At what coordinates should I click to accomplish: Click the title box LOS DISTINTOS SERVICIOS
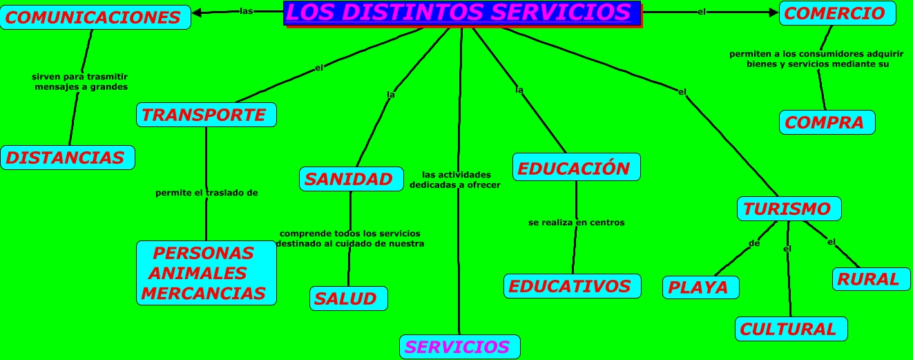tap(462, 13)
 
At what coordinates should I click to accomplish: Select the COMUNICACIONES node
tap(95, 17)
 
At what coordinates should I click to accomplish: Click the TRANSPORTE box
tap(206, 115)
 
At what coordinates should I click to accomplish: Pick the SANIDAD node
tap(351, 179)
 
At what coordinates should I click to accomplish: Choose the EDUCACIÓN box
tap(576, 168)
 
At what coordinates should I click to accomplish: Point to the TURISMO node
tap(788, 209)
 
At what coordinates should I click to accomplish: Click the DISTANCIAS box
tap(67, 158)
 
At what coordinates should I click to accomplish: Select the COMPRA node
tap(827, 122)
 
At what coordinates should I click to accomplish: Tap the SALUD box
tap(347, 299)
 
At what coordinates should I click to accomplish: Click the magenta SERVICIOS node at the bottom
tap(459, 347)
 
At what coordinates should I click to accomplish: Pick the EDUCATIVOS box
tap(572, 286)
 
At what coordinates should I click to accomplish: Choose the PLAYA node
tap(700, 287)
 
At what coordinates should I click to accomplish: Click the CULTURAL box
tap(790, 329)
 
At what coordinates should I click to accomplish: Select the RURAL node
tap(870, 279)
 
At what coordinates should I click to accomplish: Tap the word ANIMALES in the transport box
tap(198, 273)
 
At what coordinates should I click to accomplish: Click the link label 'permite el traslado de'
tap(206, 193)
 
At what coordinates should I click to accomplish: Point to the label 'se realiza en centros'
tap(576, 222)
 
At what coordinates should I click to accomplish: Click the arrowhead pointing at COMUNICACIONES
tap(197, 12)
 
